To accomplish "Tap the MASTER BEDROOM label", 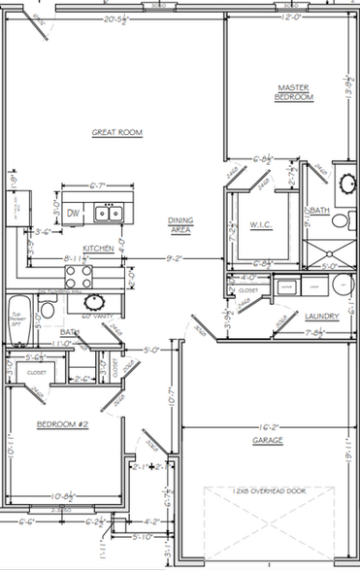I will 293,92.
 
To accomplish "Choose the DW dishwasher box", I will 74,213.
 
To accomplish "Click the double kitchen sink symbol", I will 109,213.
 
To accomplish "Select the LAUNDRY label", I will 320,317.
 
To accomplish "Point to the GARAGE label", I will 268,440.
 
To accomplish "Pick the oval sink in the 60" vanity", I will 46,310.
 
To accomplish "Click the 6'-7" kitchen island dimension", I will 98,185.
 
